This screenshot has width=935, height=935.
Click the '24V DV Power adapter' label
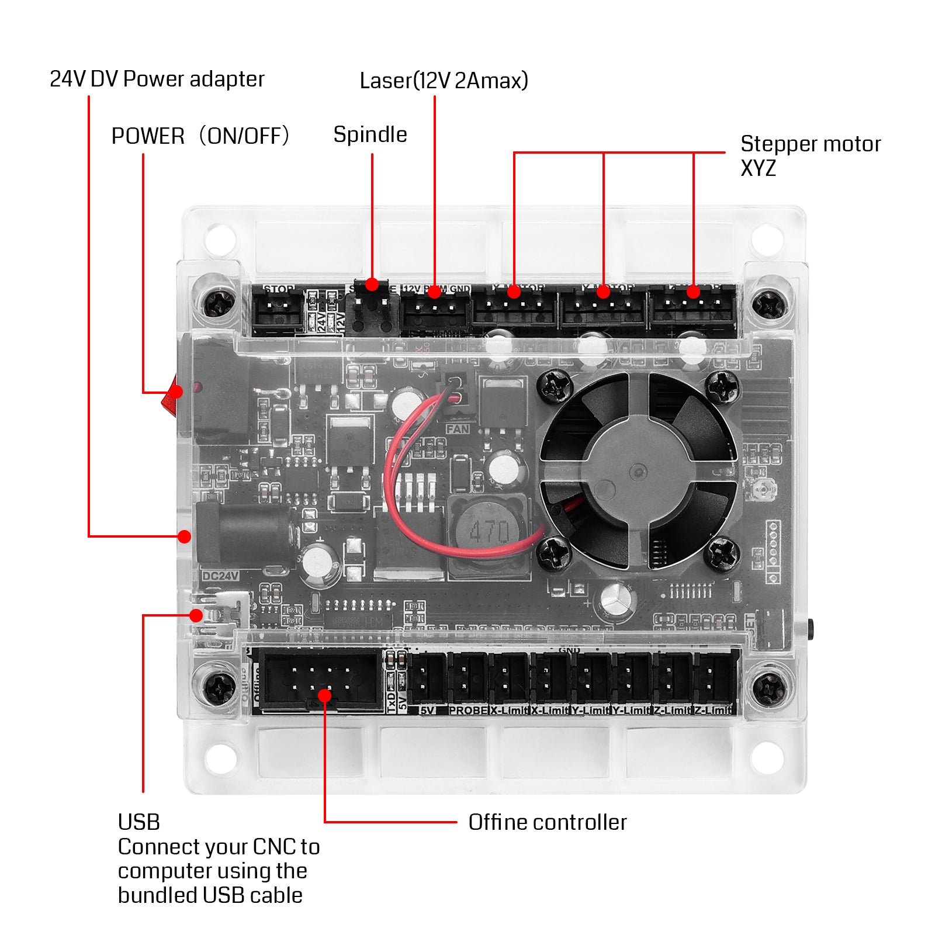pyautogui.click(x=157, y=79)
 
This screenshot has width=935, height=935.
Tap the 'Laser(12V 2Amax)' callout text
pyautogui.click(x=444, y=81)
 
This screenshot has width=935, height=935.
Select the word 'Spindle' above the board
pyautogui.click(x=370, y=134)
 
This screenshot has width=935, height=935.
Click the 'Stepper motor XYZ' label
pyautogui.click(x=809, y=155)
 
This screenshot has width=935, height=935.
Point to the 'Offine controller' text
pyautogui.click(x=547, y=822)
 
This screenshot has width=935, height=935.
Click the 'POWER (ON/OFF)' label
pyautogui.click(x=200, y=136)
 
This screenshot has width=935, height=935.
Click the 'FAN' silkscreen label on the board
pyautogui.click(x=458, y=429)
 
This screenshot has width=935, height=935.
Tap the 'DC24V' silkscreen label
pyautogui.click(x=220, y=576)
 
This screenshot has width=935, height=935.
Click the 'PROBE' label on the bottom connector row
pyautogui.click(x=467, y=711)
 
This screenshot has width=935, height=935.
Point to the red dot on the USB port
pyautogui.click(x=196, y=615)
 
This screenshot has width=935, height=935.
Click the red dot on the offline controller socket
pyautogui.click(x=325, y=695)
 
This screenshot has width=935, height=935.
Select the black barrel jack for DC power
pyautogui.click(x=243, y=533)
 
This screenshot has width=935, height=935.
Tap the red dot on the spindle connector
pyautogui.click(x=372, y=285)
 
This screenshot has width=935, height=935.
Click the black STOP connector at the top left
pyautogui.click(x=277, y=310)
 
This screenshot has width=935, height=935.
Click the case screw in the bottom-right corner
pyautogui.click(x=769, y=687)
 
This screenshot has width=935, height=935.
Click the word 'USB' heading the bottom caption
pyautogui.click(x=138, y=822)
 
